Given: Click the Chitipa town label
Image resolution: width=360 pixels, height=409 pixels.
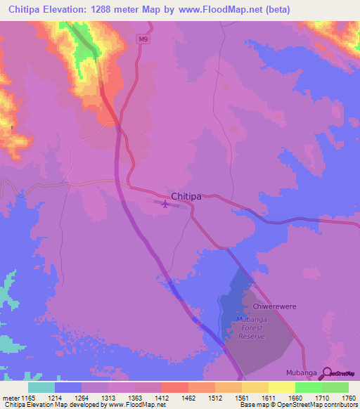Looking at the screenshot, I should coord(186,197).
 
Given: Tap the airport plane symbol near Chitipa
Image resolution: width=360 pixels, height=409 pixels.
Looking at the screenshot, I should coord(165,204).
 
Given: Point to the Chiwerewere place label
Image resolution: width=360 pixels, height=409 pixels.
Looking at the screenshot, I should coord(266,306).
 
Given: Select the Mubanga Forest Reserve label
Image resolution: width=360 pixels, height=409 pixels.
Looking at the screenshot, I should coord(251,327).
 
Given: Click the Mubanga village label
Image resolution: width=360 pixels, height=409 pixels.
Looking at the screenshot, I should coord(302,372).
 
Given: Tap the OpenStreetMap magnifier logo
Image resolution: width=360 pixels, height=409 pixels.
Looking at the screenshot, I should coord(327,373).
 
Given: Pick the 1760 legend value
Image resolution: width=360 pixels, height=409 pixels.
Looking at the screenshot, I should coord(348,397).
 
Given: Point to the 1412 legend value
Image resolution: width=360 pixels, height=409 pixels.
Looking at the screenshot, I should coord(162,397).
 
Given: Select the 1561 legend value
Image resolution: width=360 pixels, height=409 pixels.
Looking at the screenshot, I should coord(241,397).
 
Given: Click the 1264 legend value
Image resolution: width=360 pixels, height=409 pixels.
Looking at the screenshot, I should coord(82,397).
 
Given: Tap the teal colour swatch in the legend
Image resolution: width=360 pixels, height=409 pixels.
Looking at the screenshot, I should coord(41,387).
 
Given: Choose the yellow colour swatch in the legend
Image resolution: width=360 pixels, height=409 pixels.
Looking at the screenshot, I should coord(281,387).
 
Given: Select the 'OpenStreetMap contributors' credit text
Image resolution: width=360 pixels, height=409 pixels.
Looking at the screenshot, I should coord(320,405).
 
